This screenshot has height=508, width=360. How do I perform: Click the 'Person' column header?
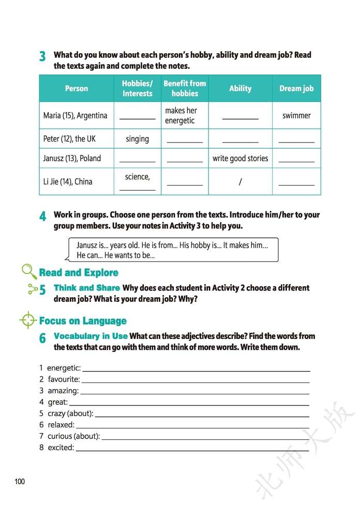(77, 88)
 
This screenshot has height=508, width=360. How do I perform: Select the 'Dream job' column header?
(296, 88)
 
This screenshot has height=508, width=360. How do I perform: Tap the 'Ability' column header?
(240, 88)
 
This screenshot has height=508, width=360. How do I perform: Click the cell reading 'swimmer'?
(296, 115)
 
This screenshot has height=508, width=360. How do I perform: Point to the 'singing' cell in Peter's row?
(137, 138)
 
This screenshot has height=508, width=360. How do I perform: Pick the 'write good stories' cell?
(240, 158)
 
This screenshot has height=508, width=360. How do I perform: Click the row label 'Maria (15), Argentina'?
(76, 115)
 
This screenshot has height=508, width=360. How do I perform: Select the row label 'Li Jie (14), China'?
(68, 181)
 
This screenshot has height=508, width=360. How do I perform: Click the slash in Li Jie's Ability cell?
(240, 182)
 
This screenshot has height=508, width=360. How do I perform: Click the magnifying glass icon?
(29, 271)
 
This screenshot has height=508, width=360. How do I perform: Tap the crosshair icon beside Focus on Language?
(28, 320)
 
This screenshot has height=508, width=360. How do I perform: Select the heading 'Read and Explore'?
(79, 273)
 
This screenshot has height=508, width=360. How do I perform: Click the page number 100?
(20, 482)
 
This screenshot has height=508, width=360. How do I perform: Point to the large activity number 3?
(42, 57)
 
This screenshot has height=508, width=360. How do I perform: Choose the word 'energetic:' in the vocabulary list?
(64, 368)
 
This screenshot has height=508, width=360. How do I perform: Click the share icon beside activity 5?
(33, 288)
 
